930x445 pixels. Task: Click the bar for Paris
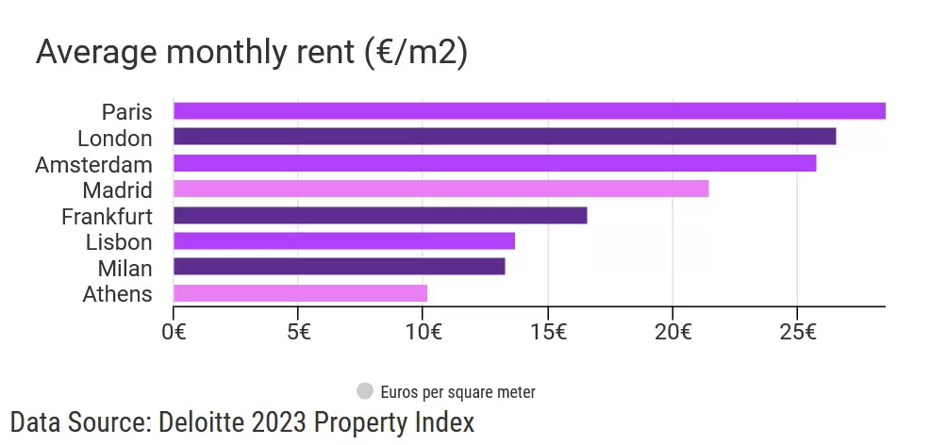click(529, 111)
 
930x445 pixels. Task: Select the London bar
click(505, 138)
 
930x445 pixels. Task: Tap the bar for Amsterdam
click(494, 163)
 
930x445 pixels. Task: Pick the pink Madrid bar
click(440, 190)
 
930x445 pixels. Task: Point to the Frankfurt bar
click(380, 216)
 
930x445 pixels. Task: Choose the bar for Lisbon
click(344, 241)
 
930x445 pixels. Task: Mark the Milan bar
click(339, 267)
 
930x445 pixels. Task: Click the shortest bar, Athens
click(300, 293)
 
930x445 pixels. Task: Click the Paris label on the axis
click(127, 112)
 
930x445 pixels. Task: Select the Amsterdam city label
click(93, 164)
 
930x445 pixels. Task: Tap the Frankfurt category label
click(107, 217)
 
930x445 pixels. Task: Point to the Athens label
click(117, 294)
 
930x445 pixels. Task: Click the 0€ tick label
click(174, 332)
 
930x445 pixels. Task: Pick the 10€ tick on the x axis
click(424, 332)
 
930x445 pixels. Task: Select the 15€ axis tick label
click(549, 332)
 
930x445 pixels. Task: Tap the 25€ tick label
click(798, 332)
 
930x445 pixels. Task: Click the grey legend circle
click(365, 390)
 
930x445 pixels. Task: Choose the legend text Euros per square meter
click(458, 391)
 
